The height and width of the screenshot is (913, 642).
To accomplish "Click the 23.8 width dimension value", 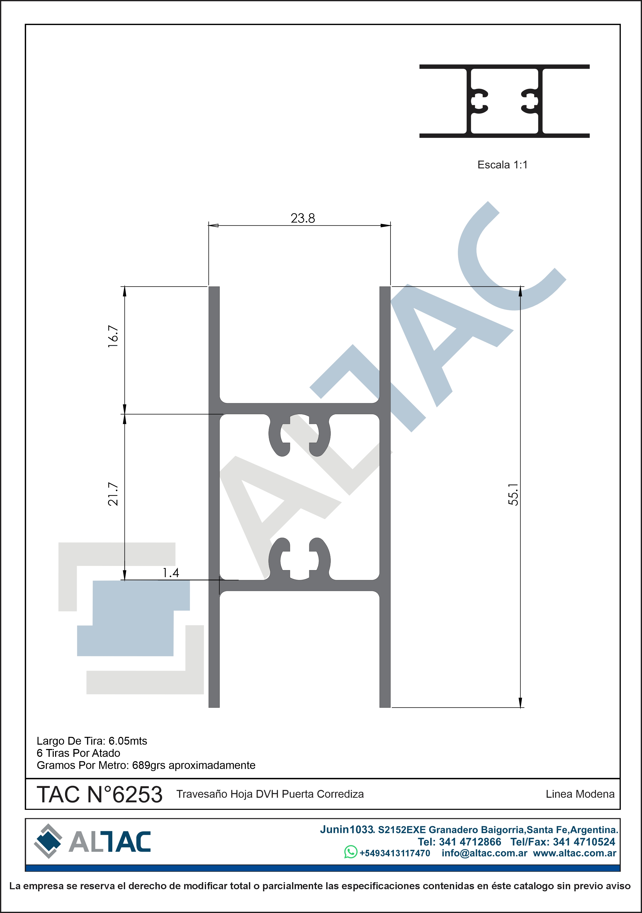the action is point(303,218).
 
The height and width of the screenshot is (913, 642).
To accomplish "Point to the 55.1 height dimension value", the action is point(513,495).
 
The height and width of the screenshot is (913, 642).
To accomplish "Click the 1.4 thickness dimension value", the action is point(171,573).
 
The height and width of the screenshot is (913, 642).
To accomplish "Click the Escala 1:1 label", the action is point(502,165).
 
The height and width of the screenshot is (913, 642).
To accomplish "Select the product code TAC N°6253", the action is point(100,794).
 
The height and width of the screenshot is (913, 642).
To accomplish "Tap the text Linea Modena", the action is point(580,794).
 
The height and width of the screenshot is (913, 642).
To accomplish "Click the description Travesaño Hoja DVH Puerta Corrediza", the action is point(270,794).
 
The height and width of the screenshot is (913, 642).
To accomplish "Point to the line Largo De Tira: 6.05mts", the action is point(92,741).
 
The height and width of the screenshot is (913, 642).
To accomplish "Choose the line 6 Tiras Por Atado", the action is point(78,753).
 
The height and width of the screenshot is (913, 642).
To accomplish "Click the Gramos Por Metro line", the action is point(146,765).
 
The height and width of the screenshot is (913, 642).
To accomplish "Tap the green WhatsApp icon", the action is point(351,852).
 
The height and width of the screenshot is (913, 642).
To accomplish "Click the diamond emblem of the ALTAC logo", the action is point(48,841).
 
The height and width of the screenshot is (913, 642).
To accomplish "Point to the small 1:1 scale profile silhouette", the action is point(504,101).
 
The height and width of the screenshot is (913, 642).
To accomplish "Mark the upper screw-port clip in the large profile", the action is point(300,435).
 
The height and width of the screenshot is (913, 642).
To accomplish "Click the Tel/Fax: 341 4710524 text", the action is point(563,842).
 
